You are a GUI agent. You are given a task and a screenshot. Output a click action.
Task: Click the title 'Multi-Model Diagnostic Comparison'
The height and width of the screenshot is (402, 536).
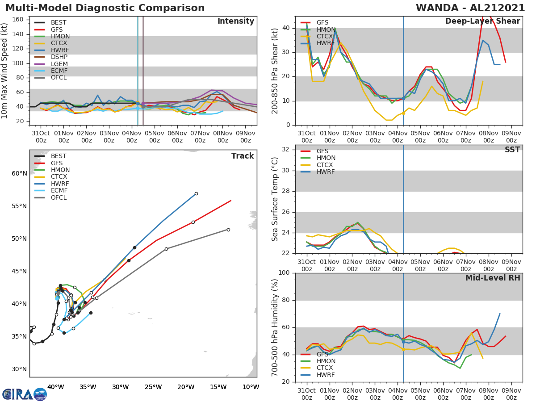105,8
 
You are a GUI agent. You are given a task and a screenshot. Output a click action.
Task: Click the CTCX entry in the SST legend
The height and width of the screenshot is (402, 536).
326,165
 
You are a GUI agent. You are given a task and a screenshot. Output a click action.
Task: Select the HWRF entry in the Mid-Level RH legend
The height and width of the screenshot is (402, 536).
325,375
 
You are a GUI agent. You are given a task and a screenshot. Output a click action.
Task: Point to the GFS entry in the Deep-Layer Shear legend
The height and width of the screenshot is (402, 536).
322,22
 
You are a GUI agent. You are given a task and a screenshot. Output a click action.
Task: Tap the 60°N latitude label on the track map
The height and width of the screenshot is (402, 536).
19,173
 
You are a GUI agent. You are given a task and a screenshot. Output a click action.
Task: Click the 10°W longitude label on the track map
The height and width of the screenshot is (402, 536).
250,387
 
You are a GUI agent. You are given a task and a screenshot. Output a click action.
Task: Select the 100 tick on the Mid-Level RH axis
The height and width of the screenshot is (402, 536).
285,273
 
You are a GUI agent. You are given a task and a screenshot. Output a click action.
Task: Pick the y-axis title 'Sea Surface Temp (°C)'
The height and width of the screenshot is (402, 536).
275,199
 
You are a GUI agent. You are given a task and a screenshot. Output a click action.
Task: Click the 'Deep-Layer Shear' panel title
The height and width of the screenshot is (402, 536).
482,21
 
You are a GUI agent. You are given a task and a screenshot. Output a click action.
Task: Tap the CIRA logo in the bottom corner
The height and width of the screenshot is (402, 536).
25,394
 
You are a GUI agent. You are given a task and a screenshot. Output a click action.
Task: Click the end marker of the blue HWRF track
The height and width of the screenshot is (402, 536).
196,193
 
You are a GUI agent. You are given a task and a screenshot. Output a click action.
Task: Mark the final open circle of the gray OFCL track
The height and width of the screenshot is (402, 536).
228,230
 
